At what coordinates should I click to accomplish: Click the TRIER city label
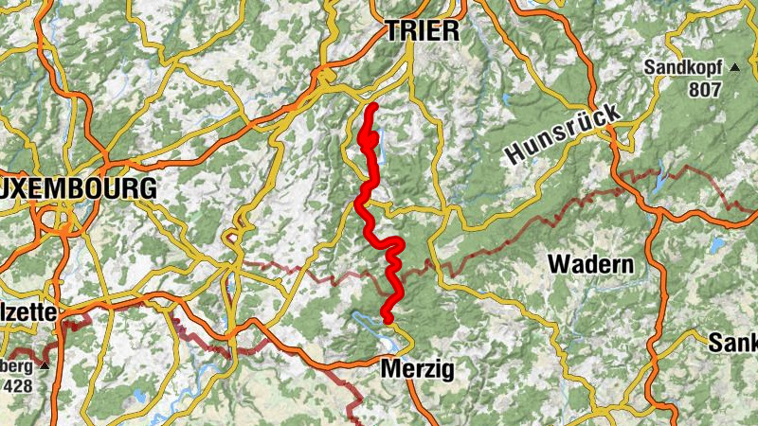coord(422,31)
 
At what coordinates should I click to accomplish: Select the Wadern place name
coord(591,264)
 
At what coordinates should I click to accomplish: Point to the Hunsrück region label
coord(562,134)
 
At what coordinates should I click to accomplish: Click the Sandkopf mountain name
coord(682,68)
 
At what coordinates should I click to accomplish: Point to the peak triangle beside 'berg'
coord(43,364)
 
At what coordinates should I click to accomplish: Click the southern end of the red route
coord(387,318)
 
